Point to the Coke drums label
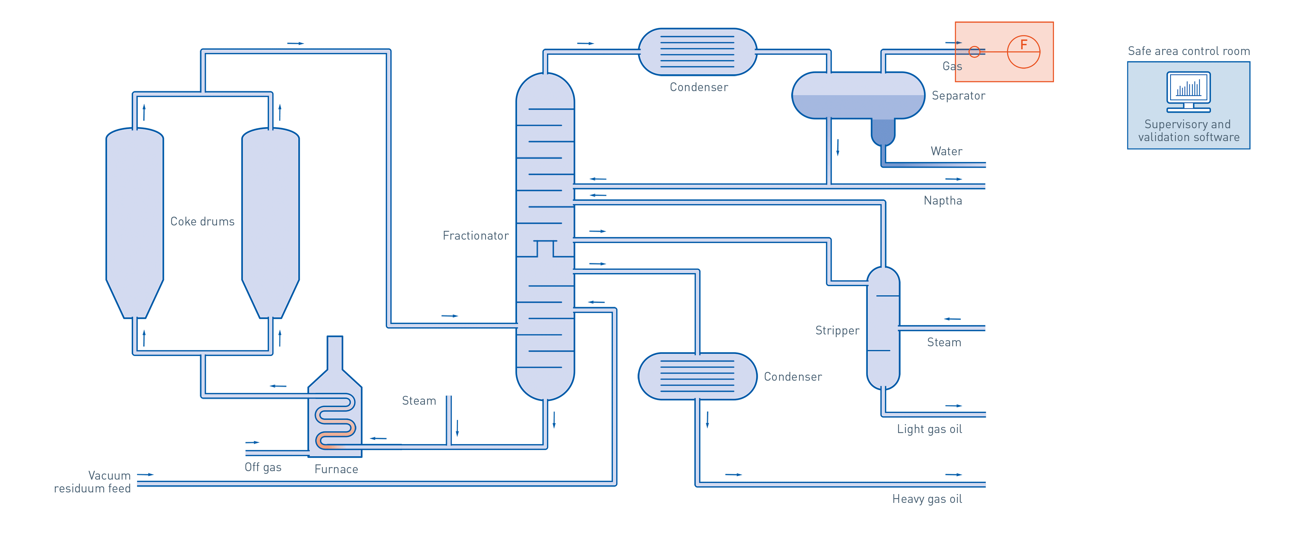click(x=202, y=221)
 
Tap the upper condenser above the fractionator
click(x=697, y=52)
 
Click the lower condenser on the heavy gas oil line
click(x=697, y=376)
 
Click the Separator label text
click(x=958, y=96)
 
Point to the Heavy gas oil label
click(x=927, y=499)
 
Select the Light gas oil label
click(x=930, y=429)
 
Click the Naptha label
click(x=943, y=201)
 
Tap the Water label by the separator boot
click(x=946, y=151)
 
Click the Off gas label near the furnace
click(x=263, y=467)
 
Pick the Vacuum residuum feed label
click(x=92, y=482)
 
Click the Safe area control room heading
click(x=1188, y=51)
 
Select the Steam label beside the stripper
click(x=944, y=342)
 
